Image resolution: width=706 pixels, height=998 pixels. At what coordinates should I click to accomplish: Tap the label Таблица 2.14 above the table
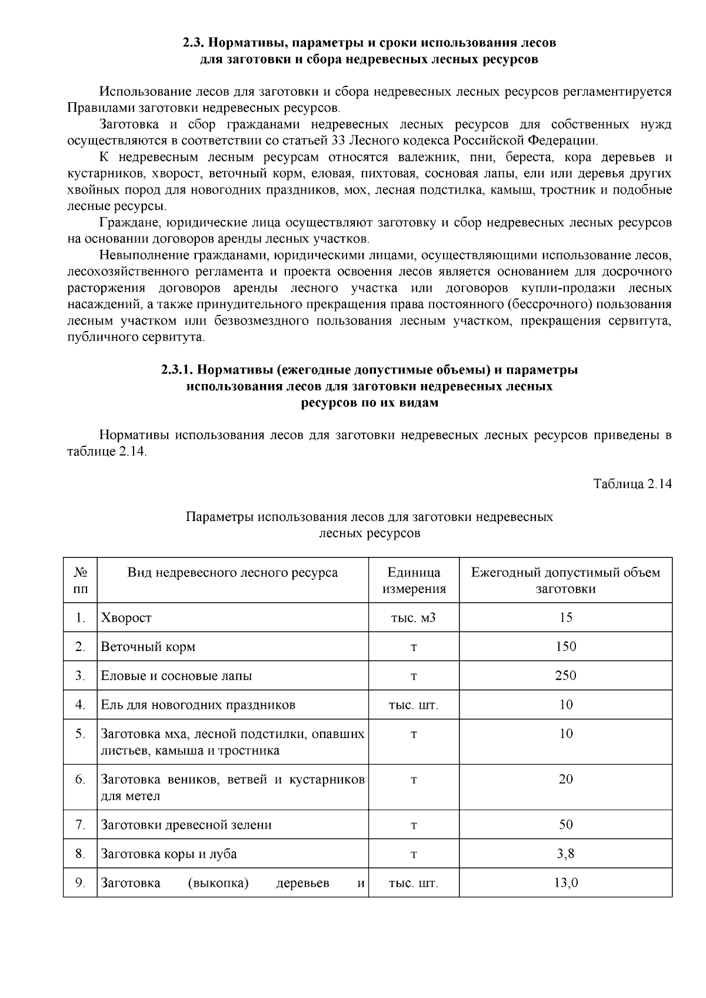[632, 484]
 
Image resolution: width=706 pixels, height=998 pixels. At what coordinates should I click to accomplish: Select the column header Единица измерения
[414, 580]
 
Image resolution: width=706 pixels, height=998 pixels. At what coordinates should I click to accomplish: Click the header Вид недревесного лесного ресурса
[232, 573]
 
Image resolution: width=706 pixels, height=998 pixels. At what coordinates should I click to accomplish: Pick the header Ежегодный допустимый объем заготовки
[565, 580]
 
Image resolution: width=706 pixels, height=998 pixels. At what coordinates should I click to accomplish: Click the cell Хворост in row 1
[126, 618]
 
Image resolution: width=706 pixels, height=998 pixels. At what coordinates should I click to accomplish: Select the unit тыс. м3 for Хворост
[414, 618]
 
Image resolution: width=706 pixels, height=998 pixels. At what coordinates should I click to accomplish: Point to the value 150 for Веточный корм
[565, 646]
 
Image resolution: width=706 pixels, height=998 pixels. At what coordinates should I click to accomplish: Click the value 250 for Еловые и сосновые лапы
[565, 675]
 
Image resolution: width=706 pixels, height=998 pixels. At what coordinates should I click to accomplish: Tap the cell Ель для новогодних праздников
[198, 705]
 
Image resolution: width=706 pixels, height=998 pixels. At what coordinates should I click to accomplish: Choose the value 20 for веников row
[565, 779]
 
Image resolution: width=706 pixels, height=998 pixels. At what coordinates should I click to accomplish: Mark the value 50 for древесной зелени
[565, 825]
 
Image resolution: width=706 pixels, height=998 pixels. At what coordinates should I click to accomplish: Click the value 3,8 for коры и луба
[565, 853]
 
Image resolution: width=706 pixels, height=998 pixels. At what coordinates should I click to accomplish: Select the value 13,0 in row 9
[565, 883]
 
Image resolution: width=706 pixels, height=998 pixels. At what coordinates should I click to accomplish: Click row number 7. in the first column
[81, 825]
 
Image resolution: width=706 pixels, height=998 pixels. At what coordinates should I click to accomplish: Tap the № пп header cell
[81, 580]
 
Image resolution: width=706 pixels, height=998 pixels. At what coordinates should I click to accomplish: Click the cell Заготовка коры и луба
[169, 853]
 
